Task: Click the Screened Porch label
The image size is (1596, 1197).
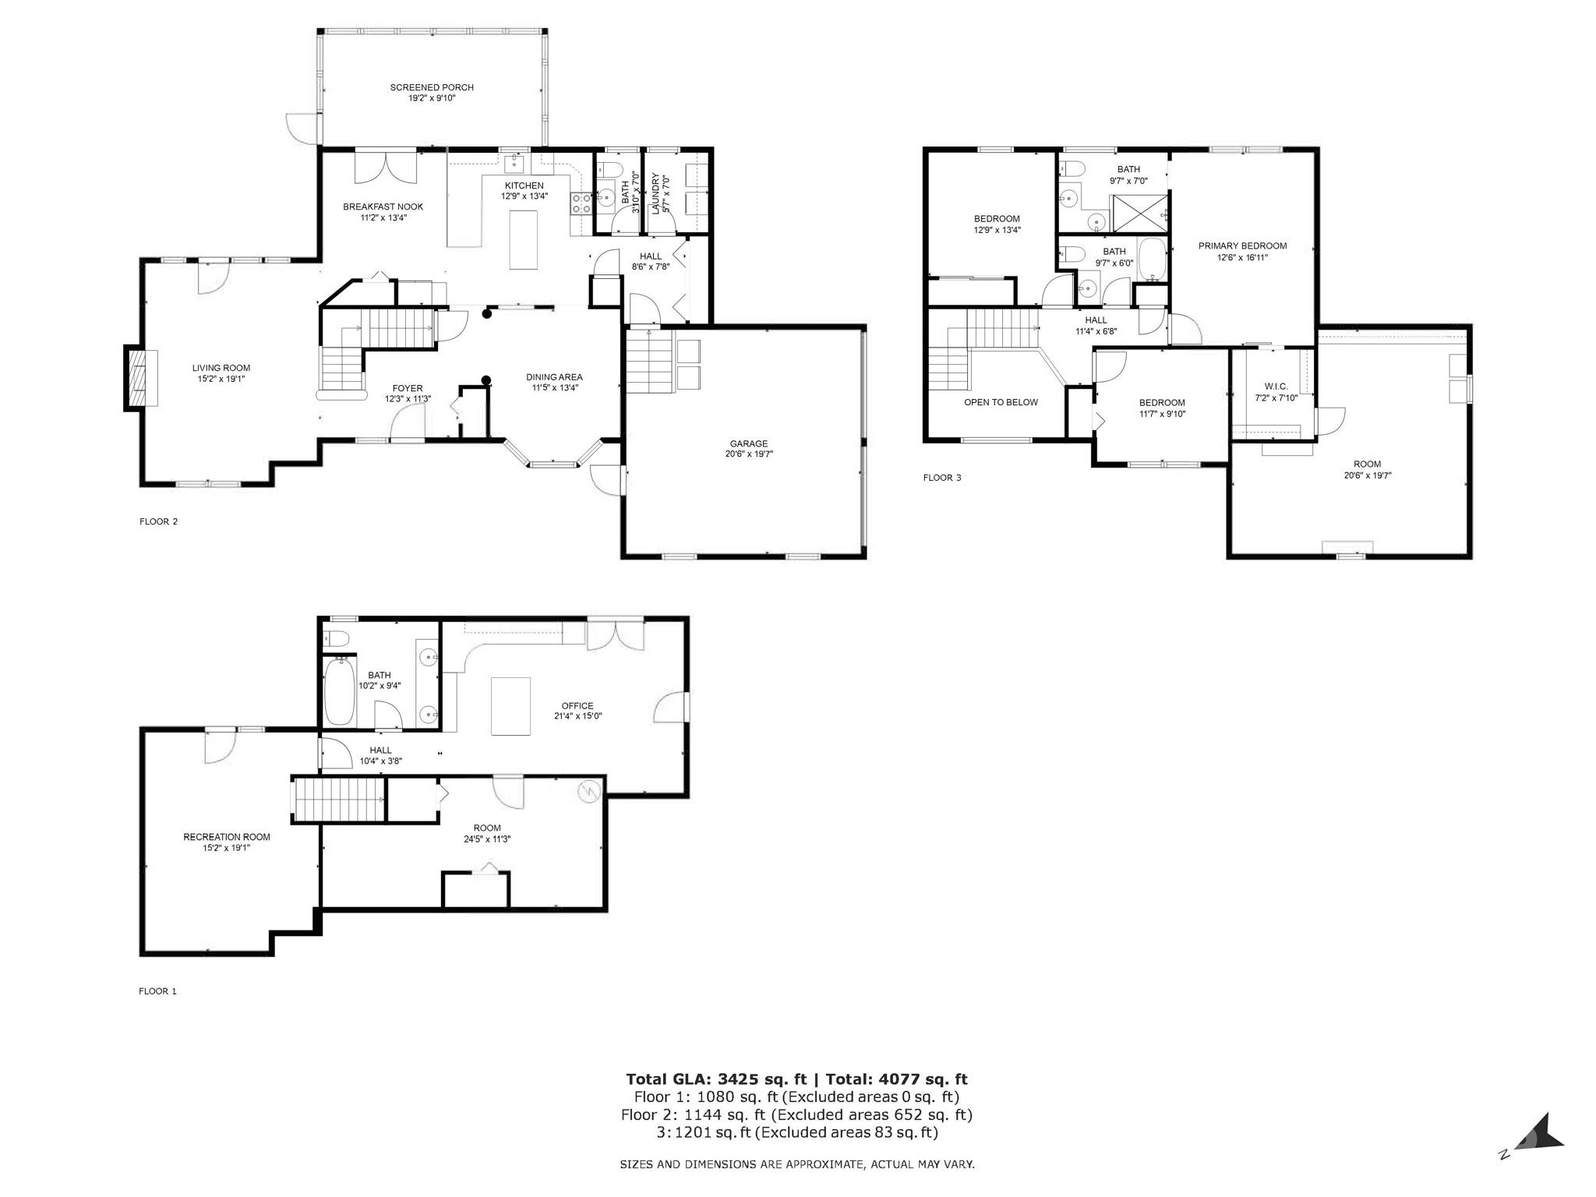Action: click(432, 93)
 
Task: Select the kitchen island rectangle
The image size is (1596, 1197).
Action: click(524, 240)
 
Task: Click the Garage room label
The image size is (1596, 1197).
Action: click(749, 449)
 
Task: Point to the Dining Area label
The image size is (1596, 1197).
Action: click(554, 382)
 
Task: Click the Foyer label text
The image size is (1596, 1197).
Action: click(407, 394)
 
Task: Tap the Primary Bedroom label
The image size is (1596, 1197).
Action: click(1242, 251)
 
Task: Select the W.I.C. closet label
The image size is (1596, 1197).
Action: click(1276, 392)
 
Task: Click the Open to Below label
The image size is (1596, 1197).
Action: click(1001, 402)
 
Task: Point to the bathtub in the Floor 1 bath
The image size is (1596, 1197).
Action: click(339, 691)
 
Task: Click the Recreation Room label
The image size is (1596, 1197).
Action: click(227, 842)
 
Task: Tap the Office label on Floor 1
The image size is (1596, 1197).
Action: click(577, 711)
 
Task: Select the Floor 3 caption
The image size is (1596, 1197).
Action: click(942, 478)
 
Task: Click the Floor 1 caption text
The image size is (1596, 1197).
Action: click(158, 991)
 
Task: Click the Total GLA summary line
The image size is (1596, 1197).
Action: click(796, 1079)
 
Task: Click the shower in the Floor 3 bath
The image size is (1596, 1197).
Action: click(1139, 213)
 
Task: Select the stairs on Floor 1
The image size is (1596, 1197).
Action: click(339, 800)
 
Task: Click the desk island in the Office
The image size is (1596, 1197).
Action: click(510, 706)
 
